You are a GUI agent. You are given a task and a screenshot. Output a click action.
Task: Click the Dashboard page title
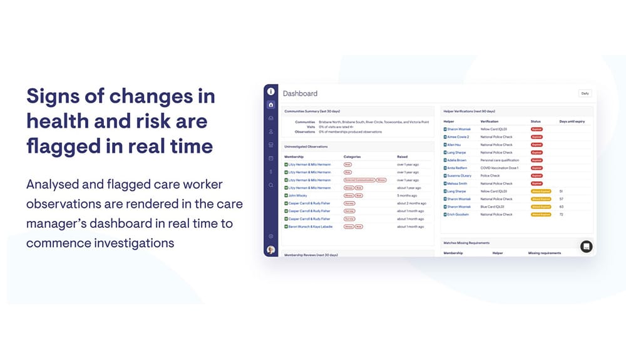[x=300, y=93]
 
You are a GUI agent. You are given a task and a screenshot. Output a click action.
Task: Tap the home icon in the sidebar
[x=270, y=105]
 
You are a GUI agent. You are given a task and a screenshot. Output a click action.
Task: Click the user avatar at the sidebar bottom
[x=270, y=249]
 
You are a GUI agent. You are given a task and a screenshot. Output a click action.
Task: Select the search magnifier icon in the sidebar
[x=270, y=185]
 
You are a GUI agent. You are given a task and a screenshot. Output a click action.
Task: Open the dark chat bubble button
[x=586, y=246]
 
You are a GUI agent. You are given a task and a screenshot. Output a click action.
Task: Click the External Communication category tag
[x=359, y=180]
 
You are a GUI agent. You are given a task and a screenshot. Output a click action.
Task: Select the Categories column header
[x=352, y=157]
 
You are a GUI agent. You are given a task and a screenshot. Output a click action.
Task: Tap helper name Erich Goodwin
[x=458, y=215]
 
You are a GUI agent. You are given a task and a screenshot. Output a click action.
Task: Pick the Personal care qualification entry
[x=500, y=160]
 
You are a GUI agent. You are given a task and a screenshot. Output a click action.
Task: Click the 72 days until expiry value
[x=561, y=215]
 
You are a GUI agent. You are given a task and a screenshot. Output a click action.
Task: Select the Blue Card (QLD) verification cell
[x=493, y=207]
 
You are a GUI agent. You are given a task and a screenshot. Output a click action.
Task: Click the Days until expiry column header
[x=572, y=121]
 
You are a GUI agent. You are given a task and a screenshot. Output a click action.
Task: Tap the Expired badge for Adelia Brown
[x=536, y=160]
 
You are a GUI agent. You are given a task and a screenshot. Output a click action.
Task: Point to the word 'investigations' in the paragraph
[x=130, y=242]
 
